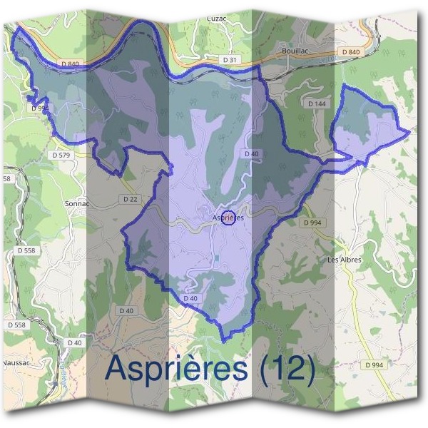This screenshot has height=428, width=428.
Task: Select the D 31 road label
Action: [x=229, y=61]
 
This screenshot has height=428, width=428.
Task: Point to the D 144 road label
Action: [x=317, y=103]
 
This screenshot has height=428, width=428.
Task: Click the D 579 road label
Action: [x=62, y=154]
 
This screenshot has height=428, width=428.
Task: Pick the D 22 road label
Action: [x=129, y=199]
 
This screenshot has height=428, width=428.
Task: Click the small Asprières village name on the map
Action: [x=228, y=217]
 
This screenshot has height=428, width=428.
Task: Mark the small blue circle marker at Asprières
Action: [x=228, y=219]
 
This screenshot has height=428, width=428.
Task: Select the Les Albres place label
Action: [x=344, y=260]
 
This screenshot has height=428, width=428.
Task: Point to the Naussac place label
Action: [x=15, y=363]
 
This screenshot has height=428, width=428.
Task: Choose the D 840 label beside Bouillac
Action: [x=351, y=52]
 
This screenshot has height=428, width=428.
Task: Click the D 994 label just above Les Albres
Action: [x=312, y=223]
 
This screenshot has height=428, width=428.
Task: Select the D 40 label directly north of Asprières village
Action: [x=251, y=153]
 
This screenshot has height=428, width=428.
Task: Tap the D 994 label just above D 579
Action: [x=40, y=108]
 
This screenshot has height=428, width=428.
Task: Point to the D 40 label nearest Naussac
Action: [x=74, y=343]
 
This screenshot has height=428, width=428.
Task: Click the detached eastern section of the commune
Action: [x=367, y=125]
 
